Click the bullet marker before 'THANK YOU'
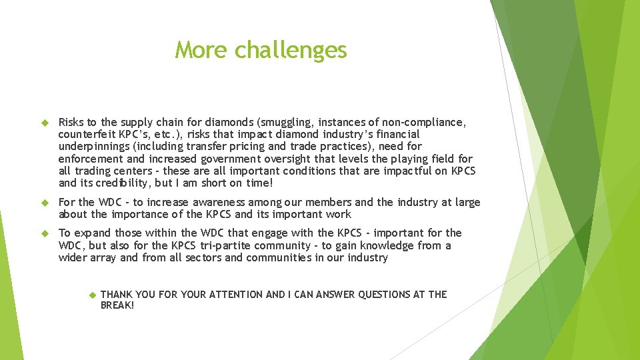(x=92, y=295)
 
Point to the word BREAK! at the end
(x=117, y=305)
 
